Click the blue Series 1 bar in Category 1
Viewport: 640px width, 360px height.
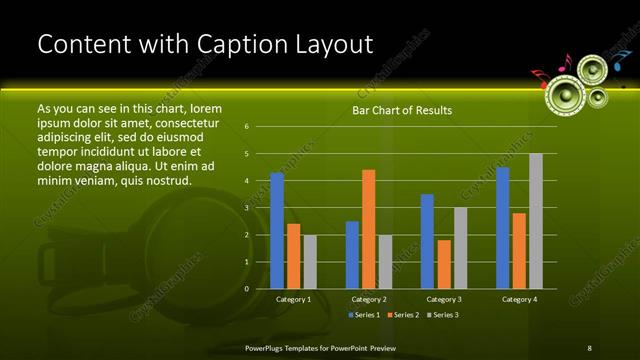pyautogui.click(x=277, y=231)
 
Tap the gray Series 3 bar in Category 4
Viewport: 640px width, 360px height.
pyautogui.click(x=535, y=221)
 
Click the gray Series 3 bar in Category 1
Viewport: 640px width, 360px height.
pyautogui.click(x=310, y=262)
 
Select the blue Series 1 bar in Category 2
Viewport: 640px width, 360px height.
pyautogui.click(x=352, y=255)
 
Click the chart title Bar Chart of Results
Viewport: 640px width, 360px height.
pyautogui.click(x=402, y=110)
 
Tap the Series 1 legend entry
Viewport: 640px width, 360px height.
pyautogui.click(x=364, y=315)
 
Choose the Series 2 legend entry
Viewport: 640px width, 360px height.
pyautogui.click(x=402, y=315)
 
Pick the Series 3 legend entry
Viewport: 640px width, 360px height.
pyautogui.click(x=442, y=315)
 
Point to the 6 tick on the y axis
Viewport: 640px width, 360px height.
pyautogui.click(x=246, y=127)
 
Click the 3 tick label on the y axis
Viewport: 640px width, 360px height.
pyautogui.click(x=246, y=208)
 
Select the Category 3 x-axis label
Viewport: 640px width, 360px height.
pyautogui.click(x=443, y=299)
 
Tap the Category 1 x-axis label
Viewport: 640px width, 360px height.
pyautogui.click(x=293, y=299)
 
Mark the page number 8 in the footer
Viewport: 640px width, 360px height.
pyautogui.click(x=589, y=347)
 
